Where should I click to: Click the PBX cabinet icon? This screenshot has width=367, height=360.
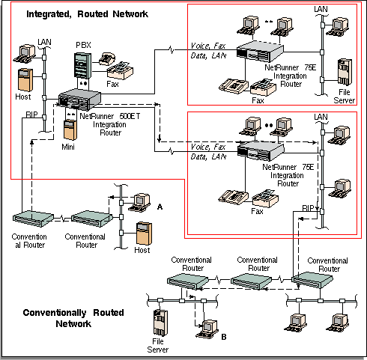pyautogui.click(x=82, y=66)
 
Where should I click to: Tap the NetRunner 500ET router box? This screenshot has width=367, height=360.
pyautogui.click(x=79, y=100)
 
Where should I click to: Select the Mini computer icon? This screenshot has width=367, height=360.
pyautogui.click(x=70, y=130)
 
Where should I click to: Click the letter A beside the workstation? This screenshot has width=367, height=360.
pyautogui.click(x=160, y=207)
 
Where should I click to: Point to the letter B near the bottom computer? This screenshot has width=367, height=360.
pyautogui.click(x=224, y=337)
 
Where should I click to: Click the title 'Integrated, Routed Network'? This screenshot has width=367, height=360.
pyautogui.click(x=87, y=14)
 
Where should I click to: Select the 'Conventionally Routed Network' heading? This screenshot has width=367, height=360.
pyautogui.click(x=73, y=318)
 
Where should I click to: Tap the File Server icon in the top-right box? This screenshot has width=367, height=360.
pyautogui.click(x=345, y=72)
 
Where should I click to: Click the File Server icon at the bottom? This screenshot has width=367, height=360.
pyautogui.click(x=160, y=323)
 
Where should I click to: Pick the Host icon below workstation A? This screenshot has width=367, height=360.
pyautogui.click(x=144, y=234)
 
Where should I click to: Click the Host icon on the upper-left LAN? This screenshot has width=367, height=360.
pyautogui.click(x=25, y=80)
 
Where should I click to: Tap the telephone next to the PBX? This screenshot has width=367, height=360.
pyautogui.click(x=107, y=59)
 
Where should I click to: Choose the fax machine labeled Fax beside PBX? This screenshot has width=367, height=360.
pyautogui.click(x=120, y=70)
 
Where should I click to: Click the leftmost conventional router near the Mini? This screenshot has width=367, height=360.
pyautogui.click(x=33, y=219)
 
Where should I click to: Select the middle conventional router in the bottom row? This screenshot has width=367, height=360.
pyautogui.click(x=251, y=281)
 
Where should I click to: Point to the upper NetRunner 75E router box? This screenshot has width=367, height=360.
pyautogui.click(x=260, y=52)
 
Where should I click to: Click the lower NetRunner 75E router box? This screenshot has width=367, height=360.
pyautogui.click(x=261, y=151)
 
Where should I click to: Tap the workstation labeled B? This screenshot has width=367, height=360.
pyautogui.click(x=207, y=329)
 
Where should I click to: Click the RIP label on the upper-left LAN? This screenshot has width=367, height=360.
pyautogui.click(x=31, y=115)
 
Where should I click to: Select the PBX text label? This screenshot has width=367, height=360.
pyautogui.click(x=83, y=45)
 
